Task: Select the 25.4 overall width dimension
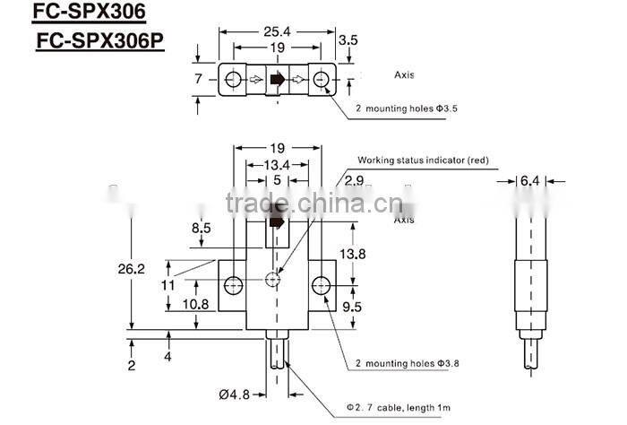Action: [278, 30]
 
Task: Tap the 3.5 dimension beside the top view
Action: [349, 39]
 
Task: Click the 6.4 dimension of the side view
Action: [531, 181]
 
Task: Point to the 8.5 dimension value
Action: [201, 228]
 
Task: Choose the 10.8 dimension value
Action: [196, 305]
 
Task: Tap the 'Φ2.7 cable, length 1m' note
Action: [399, 409]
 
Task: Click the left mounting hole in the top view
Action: [232, 80]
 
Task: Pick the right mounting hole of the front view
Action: [321, 286]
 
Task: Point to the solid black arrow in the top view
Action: [278, 80]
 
